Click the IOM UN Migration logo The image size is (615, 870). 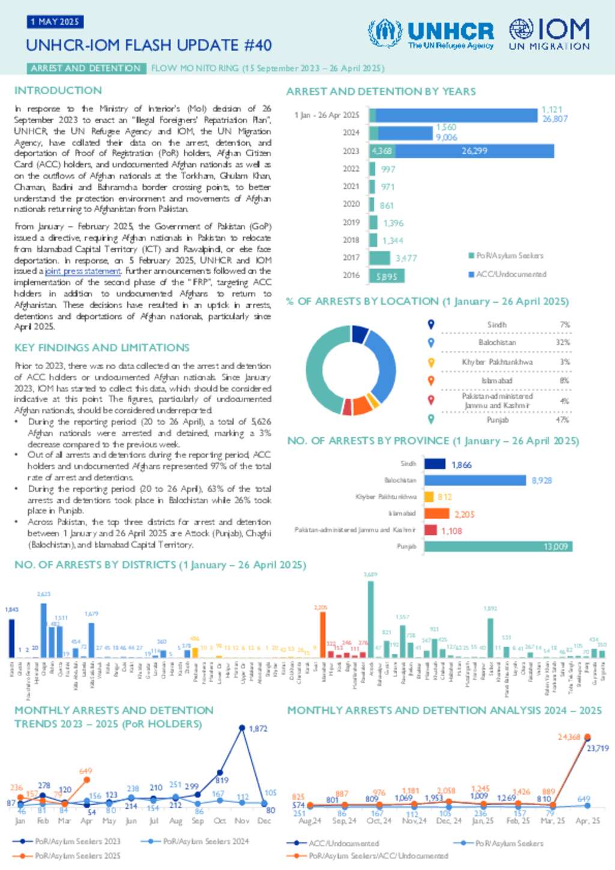pyautogui.click(x=549, y=34)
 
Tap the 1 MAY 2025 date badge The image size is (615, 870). pyautogui.click(x=55, y=22)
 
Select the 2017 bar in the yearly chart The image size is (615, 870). pyautogui.click(x=380, y=258)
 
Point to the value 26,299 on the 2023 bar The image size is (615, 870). pyautogui.click(x=474, y=151)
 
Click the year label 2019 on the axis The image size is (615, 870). pyautogui.click(x=351, y=222)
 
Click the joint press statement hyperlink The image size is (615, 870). pyautogui.click(x=83, y=271)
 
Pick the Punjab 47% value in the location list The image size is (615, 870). pyautogui.click(x=562, y=420)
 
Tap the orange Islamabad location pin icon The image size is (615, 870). pyautogui.click(x=431, y=380)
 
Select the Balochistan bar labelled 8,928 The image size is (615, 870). pyautogui.click(x=475, y=480)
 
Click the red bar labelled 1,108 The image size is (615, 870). pyautogui.click(x=431, y=530)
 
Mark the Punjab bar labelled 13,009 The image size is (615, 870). pyautogui.click(x=498, y=546)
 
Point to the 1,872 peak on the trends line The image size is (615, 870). pyautogui.click(x=242, y=728)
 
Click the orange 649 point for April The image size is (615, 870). pyautogui.click(x=86, y=779)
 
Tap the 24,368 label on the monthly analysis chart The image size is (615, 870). pyautogui.click(x=569, y=737)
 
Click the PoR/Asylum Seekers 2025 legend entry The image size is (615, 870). pyautogui.click(x=77, y=856)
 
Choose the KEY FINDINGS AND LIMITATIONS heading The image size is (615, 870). pyautogui.click(x=101, y=348)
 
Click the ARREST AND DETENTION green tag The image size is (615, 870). pyautogui.click(x=86, y=68)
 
